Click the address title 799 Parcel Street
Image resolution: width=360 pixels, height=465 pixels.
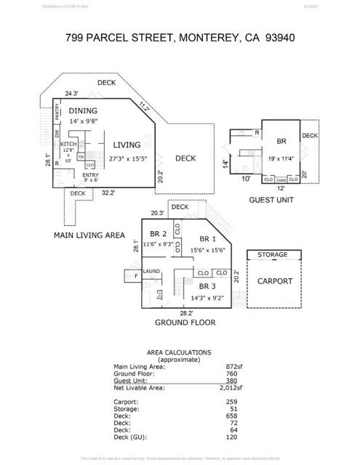(180, 36)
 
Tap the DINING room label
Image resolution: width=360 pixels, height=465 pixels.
(83, 110)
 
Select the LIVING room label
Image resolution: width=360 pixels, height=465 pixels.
(127, 145)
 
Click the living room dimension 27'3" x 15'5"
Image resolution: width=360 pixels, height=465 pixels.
(127, 158)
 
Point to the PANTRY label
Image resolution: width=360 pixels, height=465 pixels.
(57, 115)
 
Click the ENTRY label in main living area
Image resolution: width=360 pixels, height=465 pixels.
(90, 175)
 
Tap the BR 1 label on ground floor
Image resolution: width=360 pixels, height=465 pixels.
(208, 238)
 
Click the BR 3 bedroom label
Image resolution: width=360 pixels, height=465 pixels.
(208, 286)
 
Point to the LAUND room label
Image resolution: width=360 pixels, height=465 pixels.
(151, 271)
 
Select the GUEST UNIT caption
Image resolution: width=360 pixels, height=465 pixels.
(271, 199)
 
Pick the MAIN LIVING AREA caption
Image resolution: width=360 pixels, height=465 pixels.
(89, 235)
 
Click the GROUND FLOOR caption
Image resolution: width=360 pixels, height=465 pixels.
(184, 322)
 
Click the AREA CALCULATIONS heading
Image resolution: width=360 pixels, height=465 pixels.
(179, 352)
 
